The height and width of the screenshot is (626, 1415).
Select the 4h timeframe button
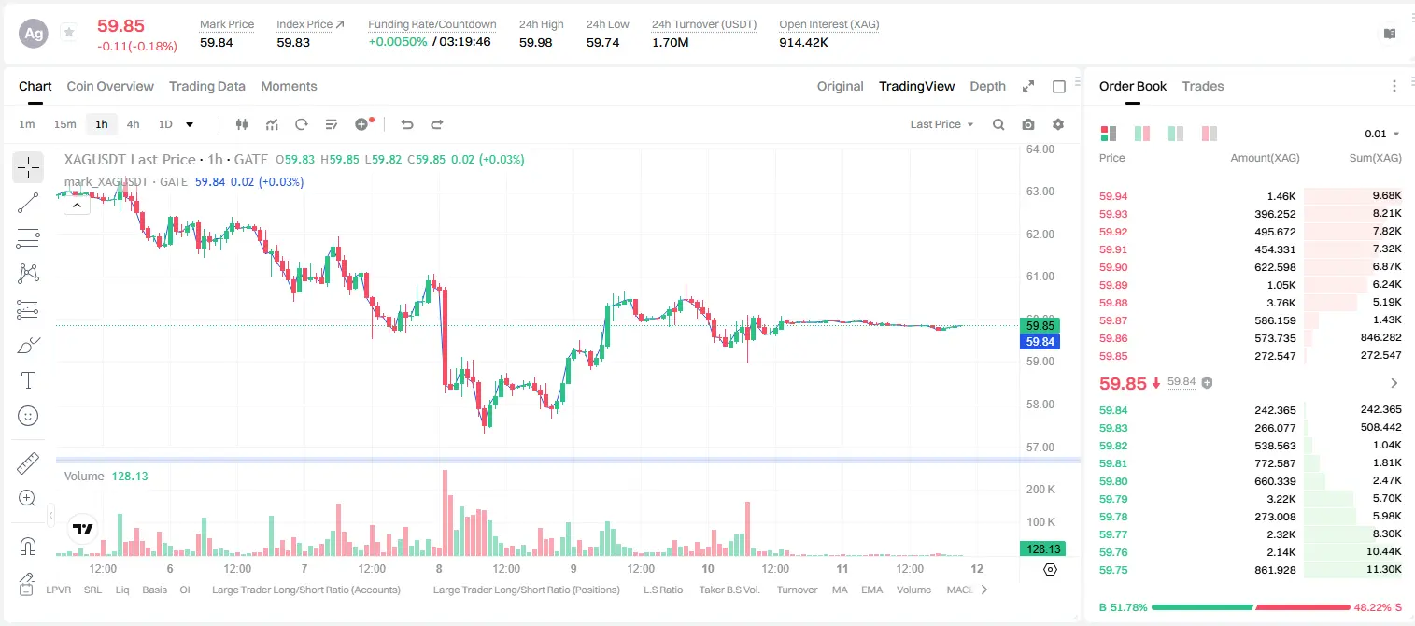[133, 124]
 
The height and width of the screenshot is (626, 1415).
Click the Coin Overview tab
[110, 86]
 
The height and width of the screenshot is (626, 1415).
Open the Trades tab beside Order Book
[1203, 86]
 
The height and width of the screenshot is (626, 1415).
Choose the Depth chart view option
[987, 86]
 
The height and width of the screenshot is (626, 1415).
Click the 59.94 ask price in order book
[1113, 196]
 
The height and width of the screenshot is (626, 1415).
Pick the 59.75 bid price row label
[1113, 570]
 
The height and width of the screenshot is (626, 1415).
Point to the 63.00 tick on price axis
[1040, 192]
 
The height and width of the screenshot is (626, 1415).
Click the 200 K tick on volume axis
[1040, 489]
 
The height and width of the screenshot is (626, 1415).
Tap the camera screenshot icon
[1028, 124]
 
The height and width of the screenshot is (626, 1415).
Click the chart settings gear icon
[1058, 124]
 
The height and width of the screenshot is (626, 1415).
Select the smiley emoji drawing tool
[28, 416]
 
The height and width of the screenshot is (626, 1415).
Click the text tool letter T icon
[28, 380]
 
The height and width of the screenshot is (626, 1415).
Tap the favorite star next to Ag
[69, 32]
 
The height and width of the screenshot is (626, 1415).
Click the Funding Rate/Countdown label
[432, 24]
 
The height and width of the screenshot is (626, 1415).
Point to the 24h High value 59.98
[536, 42]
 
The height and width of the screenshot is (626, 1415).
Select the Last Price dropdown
[941, 124]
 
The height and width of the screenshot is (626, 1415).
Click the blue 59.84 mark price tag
[1040, 342]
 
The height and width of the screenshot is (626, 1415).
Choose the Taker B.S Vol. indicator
[729, 590]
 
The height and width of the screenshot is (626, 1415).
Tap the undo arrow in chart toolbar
[407, 124]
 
